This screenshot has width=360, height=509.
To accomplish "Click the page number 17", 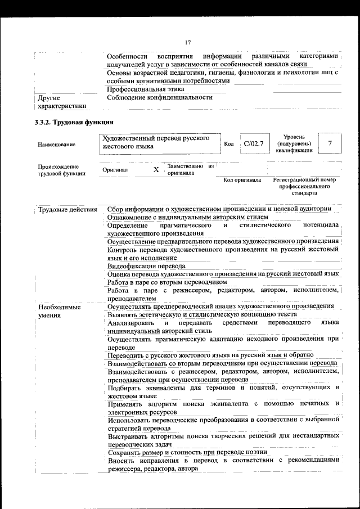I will click(188, 42).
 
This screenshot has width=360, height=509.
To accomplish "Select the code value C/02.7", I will click(254, 144).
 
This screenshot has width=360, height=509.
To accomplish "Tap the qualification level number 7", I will click(330, 143).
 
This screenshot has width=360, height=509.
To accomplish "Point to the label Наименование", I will click(56, 145).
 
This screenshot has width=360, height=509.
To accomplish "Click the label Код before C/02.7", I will click(228, 145).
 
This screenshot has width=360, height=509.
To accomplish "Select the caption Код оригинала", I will click(242, 180).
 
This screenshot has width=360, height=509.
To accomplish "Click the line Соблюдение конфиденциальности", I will click(160, 97).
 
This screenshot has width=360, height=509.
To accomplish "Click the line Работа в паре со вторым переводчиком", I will click(167, 282).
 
